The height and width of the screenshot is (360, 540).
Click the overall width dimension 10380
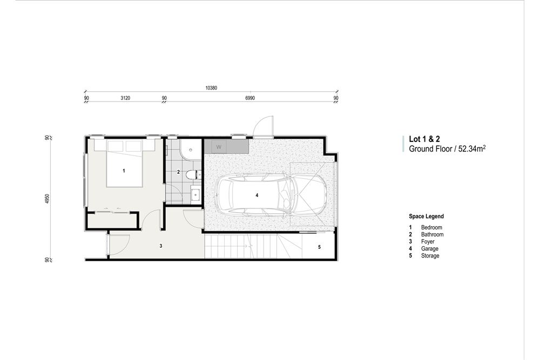(x=211, y=87)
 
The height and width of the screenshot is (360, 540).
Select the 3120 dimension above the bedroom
(x=125, y=98)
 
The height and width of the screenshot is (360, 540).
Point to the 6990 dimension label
(x=249, y=98)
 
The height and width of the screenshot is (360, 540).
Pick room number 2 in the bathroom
(x=179, y=172)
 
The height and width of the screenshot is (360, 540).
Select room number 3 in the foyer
(x=161, y=246)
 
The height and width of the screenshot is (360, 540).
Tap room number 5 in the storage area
(x=319, y=247)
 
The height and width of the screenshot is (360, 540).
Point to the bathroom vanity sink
(x=195, y=194)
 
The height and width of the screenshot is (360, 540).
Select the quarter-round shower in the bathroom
(x=190, y=150)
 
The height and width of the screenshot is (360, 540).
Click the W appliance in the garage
(x=219, y=146)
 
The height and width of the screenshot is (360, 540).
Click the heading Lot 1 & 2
(x=424, y=139)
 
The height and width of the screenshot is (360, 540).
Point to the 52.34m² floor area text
(x=471, y=148)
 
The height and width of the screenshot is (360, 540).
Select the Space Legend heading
(x=426, y=216)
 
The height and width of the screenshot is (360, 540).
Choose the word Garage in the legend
(x=430, y=249)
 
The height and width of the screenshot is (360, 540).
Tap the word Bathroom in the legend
(x=432, y=235)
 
